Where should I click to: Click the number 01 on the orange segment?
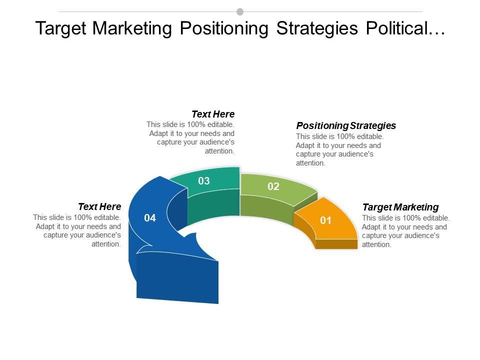pyautogui.click(x=325, y=220)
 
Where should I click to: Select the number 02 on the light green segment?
pyautogui.click(x=273, y=186)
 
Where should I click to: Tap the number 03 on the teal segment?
pyautogui.click(x=204, y=181)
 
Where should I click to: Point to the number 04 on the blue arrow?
pyautogui.click(x=150, y=218)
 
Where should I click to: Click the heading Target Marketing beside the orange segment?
pyautogui.click(x=400, y=207)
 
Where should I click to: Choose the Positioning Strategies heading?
pyautogui.click(x=346, y=125)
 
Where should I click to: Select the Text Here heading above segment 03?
pyautogui.click(x=213, y=114)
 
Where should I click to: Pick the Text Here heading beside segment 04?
pyautogui.click(x=99, y=206)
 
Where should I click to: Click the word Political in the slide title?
pyautogui.click(x=405, y=28)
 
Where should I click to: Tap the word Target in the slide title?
pyautogui.click(x=61, y=29)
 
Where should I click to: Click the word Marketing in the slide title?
pyautogui.click(x=132, y=29)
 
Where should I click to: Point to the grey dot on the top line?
pyautogui.click(x=240, y=11)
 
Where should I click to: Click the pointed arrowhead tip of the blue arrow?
pyautogui.click(x=218, y=261)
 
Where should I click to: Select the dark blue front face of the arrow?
pyautogui.click(x=177, y=278)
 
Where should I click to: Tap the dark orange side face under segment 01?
pyautogui.click(x=336, y=244)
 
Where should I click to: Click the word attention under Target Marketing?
pyautogui.click(x=376, y=244)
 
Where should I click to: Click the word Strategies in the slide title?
pyautogui.click(x=317, y=29)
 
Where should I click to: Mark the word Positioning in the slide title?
pyautogui.click(x=224, y=29)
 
